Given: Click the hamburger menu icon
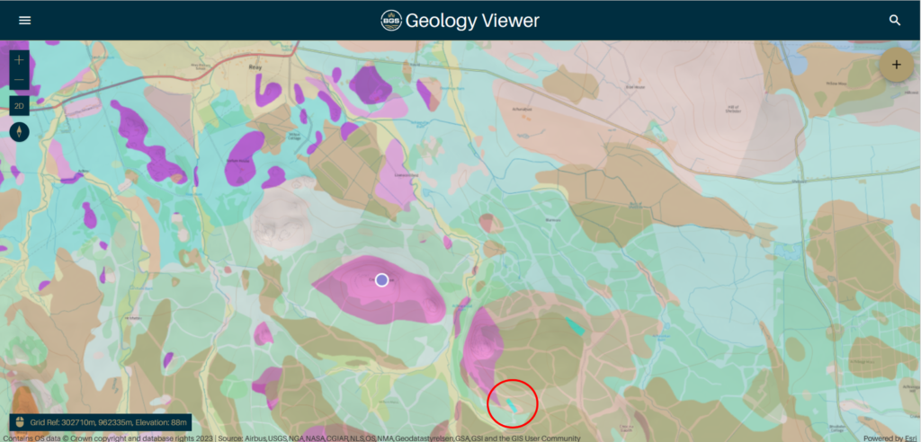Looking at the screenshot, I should (x=24, y=20).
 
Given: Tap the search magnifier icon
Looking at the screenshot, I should (x=895, y=20).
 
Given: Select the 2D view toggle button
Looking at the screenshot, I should (x=19, y=106).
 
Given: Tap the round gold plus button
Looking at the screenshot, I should (x=896, y=64).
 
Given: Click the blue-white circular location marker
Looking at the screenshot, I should (x=381, y=280).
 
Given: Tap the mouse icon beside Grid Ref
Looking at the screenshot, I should (x=19, y=420).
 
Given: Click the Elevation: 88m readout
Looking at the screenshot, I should (x=157, y=420).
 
